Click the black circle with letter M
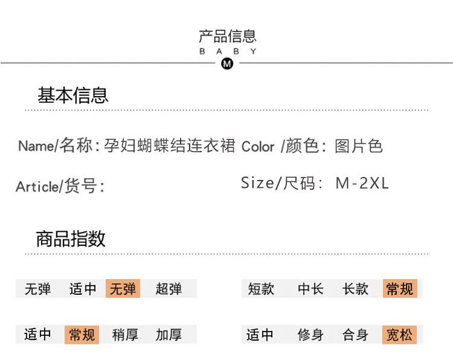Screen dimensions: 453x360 [227, 63]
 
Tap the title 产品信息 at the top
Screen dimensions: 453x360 [228, 36]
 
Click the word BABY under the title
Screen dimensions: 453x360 [228, 51]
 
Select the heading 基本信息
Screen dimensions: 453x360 [72, 95]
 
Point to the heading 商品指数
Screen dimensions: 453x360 [71, 239]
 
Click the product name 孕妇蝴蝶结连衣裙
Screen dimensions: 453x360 [169, 146]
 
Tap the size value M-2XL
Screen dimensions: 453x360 [362, 184]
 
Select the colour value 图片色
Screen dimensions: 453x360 [358, 146]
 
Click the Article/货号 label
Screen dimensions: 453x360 [60, 186]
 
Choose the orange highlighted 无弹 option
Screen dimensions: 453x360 [123, 289]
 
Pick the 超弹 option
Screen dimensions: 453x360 [169, 289]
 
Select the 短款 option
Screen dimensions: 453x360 [261, 289]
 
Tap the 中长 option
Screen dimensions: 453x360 [310, 289]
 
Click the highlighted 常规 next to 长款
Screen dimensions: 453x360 [400, 289]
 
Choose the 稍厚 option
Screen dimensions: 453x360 [125, 334]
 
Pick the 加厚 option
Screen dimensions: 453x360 [169, 334]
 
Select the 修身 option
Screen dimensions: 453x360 [310, 334]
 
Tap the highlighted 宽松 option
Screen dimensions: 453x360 [400, 334]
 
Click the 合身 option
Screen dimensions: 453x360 [355, 334]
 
